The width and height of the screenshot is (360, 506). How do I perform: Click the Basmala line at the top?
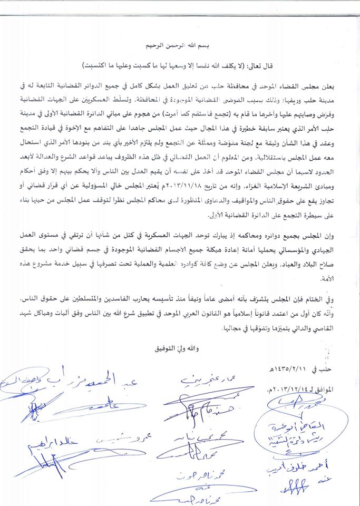[x=181, y=45]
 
